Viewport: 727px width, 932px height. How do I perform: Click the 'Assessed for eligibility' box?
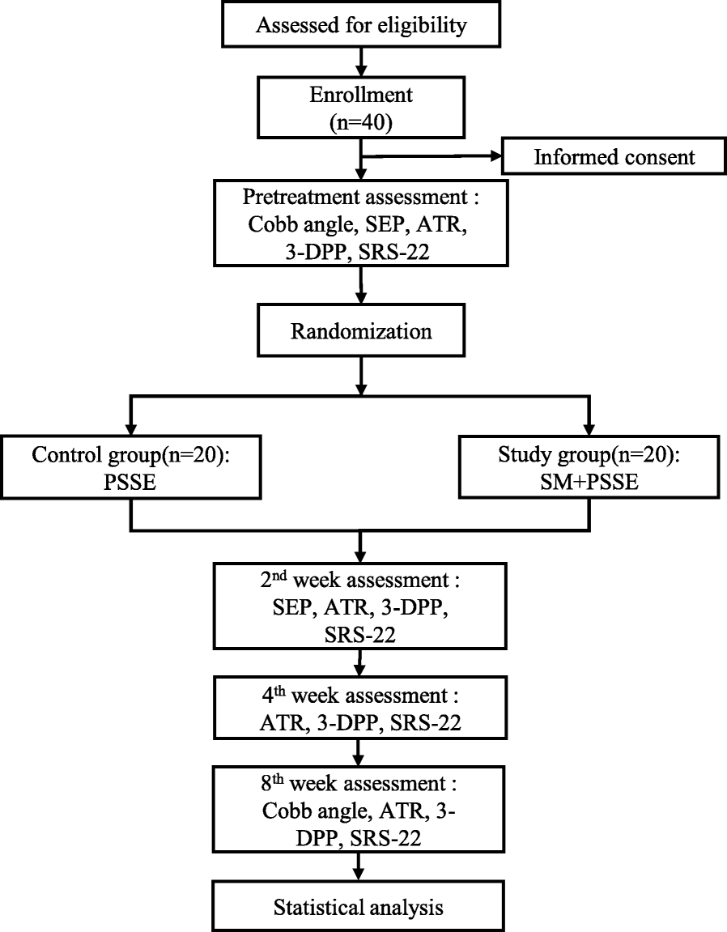pos(362,25)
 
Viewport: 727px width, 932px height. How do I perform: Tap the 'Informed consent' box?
pos(613,156)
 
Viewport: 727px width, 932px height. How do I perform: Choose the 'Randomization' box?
pos(362,330)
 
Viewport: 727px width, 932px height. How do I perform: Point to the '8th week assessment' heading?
pos(353,786)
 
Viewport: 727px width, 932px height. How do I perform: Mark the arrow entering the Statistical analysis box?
pos(362,872)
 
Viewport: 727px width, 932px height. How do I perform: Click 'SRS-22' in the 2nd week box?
pos(362,635)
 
